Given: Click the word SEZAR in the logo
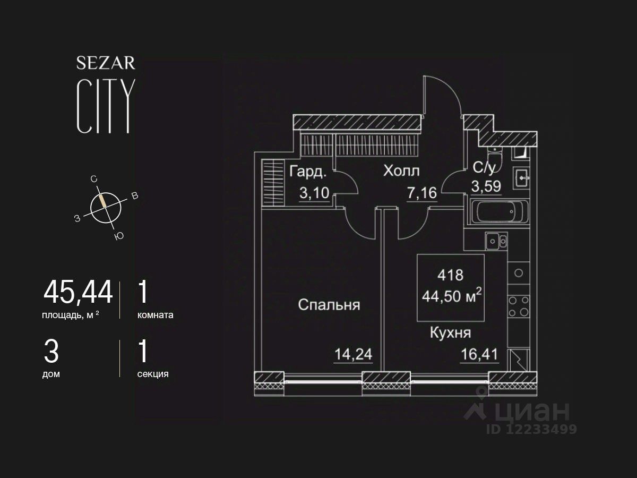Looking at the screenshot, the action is tap(106, 63).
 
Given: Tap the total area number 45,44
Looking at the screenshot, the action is tap(78, 292).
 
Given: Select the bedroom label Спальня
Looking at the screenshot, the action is tap(329, 305).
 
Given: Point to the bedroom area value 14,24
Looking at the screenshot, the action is tap(353, 354).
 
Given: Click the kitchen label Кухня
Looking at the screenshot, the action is tap(450, 333).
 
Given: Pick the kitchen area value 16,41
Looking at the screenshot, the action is tap(480, 354).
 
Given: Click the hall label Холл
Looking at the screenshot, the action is tap(401, 171).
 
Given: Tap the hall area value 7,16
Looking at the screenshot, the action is tap(422, 192).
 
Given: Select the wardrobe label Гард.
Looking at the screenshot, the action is tap(308, 172).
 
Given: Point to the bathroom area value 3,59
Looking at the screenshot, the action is tap(486, 187).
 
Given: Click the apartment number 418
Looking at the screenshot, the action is tap(450, 275).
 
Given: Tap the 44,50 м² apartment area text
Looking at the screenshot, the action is tap(451, 295).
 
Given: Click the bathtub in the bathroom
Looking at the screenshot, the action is tap(500, 213).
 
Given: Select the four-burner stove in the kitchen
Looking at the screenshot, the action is tap(518, 306).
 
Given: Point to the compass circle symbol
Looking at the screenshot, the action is tap(106, 207).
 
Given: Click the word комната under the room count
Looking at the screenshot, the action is tap(155, 315).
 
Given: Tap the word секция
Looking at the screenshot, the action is tap(153, 374).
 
